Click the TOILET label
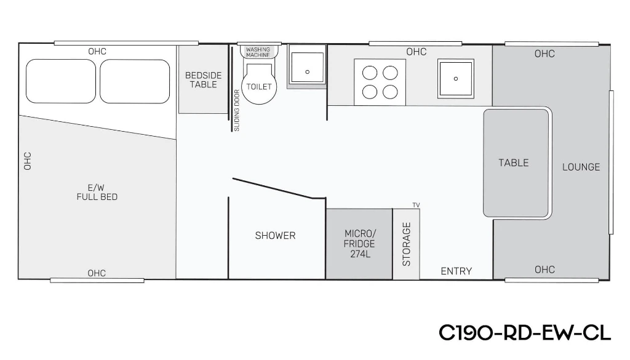click(x=259, y=86)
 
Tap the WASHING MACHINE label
click(x=258, y=52)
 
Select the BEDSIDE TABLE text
click(x=203, y=80)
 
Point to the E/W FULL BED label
click(x=97, y=192)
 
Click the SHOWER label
click(x=275, y=236)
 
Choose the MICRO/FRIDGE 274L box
click(x=359, y=244)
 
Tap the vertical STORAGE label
click(x=407, y=244)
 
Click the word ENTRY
click(x=457, y=271)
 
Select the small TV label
click(x=417, y=205)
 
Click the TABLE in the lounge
click(x=516, y=163)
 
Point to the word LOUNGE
click(x=581, y=167)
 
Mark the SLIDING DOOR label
click(x=237, y=111)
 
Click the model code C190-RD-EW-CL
click(x=525, y=333)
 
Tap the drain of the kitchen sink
click(x=456, y=79)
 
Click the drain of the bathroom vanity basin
click(x=308, y=72)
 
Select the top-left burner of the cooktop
click(x=370, y=73)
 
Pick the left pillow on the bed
click(x=61, y=81)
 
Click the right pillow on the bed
click(x=135, y=81)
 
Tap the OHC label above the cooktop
click(x=417, y=52)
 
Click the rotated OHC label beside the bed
click(x=27, y=161)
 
